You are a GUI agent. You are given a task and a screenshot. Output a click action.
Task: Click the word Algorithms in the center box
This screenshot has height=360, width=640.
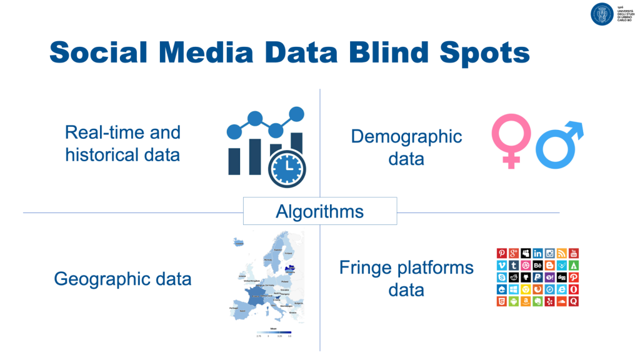tap(319, 211)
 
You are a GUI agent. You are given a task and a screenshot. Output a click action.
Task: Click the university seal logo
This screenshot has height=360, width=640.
tap(602, 14)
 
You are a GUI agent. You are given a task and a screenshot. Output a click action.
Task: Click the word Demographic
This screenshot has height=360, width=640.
tap(406, 136)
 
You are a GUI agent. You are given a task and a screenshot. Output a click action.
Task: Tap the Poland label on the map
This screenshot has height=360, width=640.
tap(284, 282)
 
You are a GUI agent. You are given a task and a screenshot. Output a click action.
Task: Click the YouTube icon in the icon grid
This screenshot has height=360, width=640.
tap(574, 253)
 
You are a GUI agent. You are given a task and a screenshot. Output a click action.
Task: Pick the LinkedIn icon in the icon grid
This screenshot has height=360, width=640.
tap(537, 253)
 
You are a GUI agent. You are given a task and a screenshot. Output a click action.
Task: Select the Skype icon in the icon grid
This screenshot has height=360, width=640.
tap(502, 277)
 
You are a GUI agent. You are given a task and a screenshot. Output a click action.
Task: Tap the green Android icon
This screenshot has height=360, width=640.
tap(514, 301)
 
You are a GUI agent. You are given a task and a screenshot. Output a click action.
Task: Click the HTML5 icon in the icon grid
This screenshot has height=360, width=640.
tap(502, 301)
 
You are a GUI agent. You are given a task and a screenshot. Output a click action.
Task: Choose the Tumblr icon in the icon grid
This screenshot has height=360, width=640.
tap(514, 265)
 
